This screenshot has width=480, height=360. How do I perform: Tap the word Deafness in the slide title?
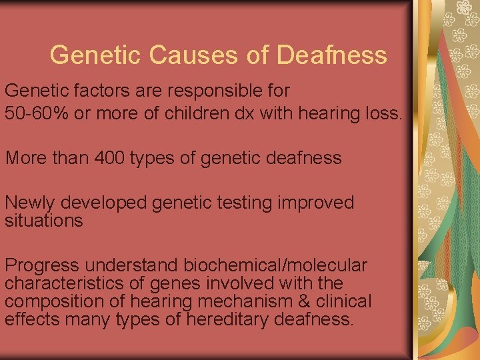point(331,55)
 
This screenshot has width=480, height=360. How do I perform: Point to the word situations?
point(44,220)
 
